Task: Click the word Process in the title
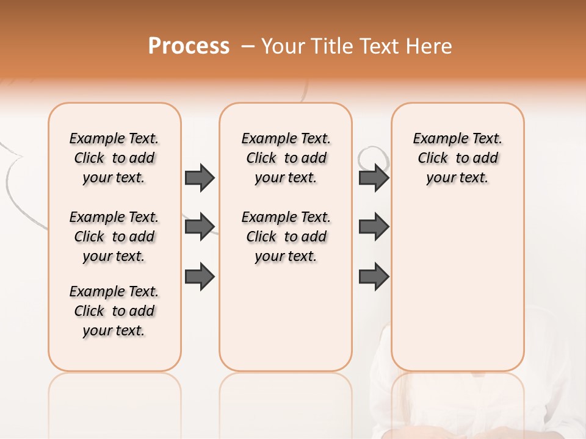coord(189,46)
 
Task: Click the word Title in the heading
coord(333,46)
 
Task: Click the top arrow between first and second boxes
coord(200,177)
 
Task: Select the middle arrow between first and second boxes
coord(200,227)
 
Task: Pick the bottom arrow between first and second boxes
coord(200,277)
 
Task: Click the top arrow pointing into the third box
coord(374,177)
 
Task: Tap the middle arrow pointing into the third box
coord(374,227)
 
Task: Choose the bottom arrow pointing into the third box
coord(374,277)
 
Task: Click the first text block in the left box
coord(114,158)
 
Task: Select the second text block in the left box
coord(114,237)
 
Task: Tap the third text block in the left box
coord(114,311)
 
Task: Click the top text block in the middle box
coord(286,158)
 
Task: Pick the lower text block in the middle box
coord(286,237)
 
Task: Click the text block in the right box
coord(457,158)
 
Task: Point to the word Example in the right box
coord(435,139)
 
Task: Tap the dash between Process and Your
coord(247,46)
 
